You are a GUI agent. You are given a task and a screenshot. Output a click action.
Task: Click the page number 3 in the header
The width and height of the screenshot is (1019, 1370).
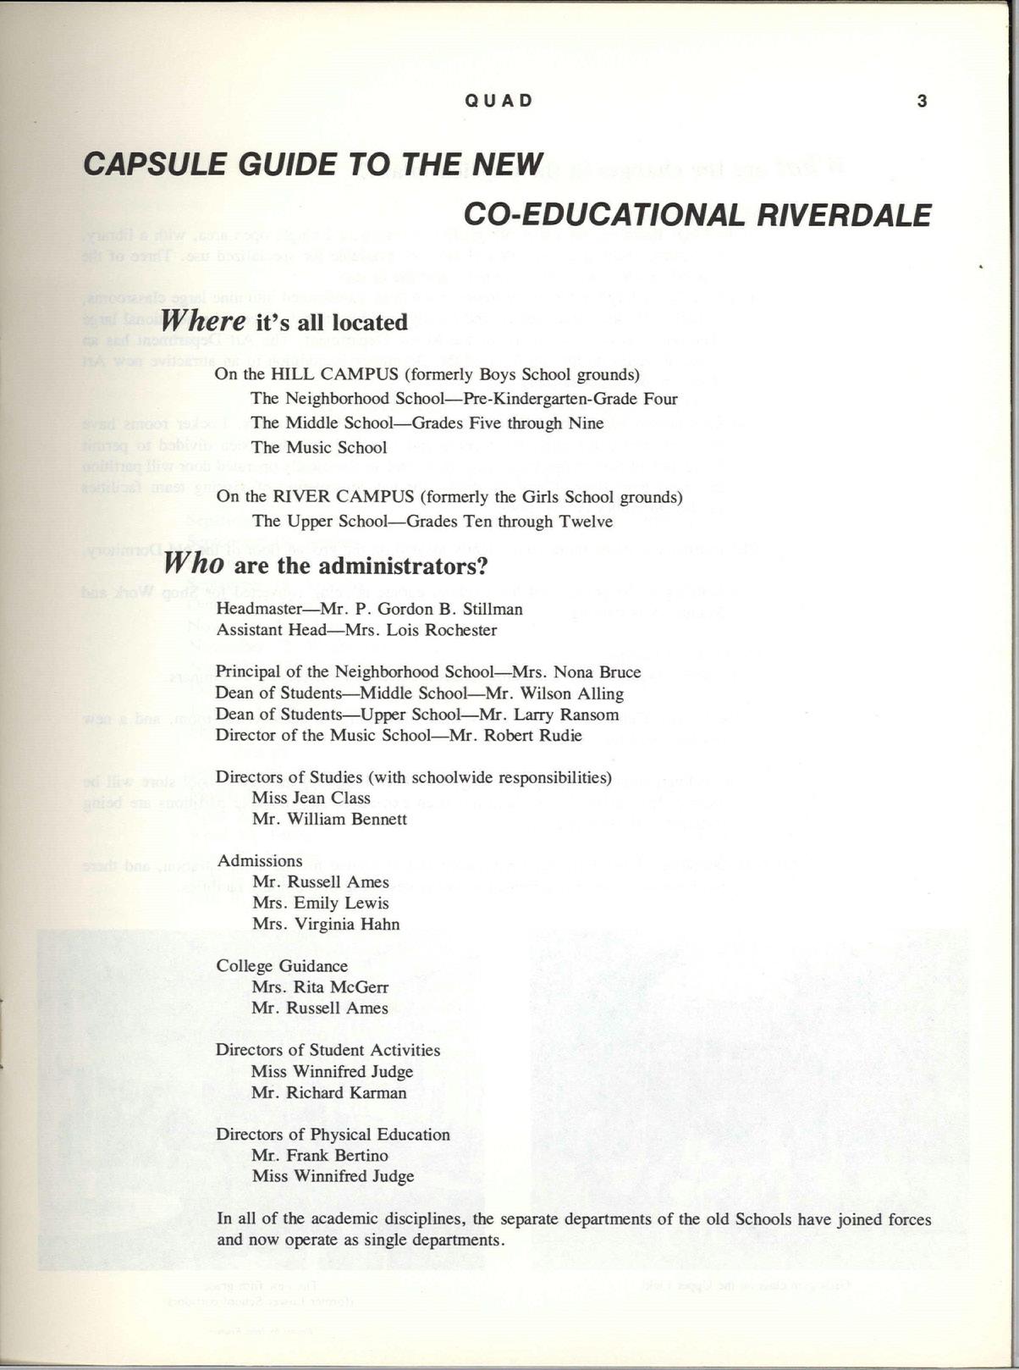(x=922, y=101)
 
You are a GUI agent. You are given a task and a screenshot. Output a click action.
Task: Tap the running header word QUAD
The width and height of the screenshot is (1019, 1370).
(x=499, y=101)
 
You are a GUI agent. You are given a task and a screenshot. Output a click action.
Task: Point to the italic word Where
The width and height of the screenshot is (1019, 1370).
(x=204, y=321)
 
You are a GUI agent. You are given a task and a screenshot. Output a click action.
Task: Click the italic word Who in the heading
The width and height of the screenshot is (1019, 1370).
(x=194, y=563)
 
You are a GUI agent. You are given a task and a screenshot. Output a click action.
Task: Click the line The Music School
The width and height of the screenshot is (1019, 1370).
(x=318, y=447)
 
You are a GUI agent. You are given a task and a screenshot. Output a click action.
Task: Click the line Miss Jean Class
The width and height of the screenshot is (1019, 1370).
(x=311, y=798)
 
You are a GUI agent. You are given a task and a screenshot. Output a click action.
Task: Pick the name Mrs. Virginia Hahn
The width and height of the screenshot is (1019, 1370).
(x=325, y=924)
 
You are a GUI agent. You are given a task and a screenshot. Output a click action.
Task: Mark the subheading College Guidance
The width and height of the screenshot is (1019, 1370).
(x=282, y=966)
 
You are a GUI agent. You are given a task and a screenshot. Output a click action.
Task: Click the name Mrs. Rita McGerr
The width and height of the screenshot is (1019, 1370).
(x=320, y=987)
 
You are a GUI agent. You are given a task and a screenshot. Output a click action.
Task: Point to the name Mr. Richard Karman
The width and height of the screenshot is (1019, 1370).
(x=328, y=1092)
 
